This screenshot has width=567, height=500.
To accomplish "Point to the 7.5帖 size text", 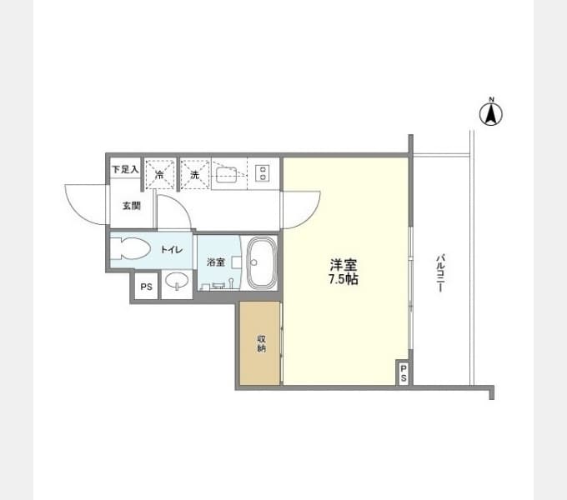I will click(x=344, y=281).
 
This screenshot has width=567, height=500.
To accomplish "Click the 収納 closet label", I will click(x=261, y=342).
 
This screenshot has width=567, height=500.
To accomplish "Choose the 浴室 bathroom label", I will click(x=216, y=262).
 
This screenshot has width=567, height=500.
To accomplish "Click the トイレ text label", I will click(x=172, y=249).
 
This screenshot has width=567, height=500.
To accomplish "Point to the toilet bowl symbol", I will click(x=129, y=249).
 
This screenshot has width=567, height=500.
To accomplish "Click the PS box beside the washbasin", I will click(x=146, y=287).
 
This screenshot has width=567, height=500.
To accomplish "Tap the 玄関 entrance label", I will click(x=132, y=205).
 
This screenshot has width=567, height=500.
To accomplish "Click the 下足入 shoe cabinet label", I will click(x=125, y=170).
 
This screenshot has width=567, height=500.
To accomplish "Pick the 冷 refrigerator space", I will click(x=159, y=175).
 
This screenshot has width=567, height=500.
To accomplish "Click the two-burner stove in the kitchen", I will click(x=263, y=173).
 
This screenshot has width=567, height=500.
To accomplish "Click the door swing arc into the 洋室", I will click(x=302, y=208).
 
